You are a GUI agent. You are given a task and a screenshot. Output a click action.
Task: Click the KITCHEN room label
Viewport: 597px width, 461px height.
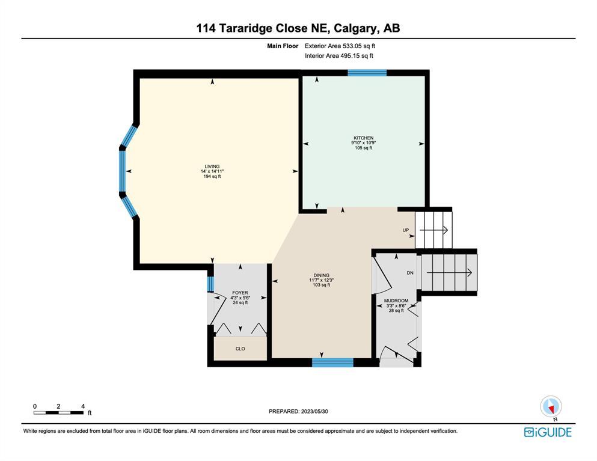pos(364,138)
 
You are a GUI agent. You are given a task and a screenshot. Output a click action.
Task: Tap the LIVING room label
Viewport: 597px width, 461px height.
pos(212,166)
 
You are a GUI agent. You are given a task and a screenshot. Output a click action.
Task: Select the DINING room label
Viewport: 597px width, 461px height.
pos(321,275)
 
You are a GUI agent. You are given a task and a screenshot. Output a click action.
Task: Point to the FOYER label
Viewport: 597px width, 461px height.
pos(240,293)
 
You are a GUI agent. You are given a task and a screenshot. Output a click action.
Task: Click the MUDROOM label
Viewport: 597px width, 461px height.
pos(396,301)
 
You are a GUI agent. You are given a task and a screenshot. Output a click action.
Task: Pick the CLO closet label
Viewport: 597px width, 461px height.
pos(240,349)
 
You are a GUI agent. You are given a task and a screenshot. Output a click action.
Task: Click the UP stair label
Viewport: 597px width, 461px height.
pos(405,230)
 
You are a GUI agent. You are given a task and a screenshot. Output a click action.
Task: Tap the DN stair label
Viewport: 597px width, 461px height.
pos(410,272)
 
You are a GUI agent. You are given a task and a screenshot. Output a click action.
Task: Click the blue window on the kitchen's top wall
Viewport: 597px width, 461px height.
pos(367,73)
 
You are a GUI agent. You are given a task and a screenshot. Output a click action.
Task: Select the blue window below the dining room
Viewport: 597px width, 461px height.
pos(332,362)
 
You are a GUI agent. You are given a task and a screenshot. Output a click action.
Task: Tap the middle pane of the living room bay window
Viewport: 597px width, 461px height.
pos(122,171)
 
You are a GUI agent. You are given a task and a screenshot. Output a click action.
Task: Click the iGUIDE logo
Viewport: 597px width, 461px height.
pos(548,432)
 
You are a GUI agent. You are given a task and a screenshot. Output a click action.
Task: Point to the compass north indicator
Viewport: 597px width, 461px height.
pos(551,408)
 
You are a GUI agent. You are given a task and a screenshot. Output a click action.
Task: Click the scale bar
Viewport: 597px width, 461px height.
pos(59,413)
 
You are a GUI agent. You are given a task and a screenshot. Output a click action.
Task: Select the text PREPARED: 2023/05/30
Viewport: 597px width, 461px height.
pos(298,411)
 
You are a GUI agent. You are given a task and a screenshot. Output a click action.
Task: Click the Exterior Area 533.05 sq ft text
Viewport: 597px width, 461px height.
pos(340,46)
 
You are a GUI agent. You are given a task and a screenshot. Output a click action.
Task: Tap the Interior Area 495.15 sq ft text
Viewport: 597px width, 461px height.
pos(339,55)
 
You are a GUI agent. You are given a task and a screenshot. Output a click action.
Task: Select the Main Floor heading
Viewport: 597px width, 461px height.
pos(283,46)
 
